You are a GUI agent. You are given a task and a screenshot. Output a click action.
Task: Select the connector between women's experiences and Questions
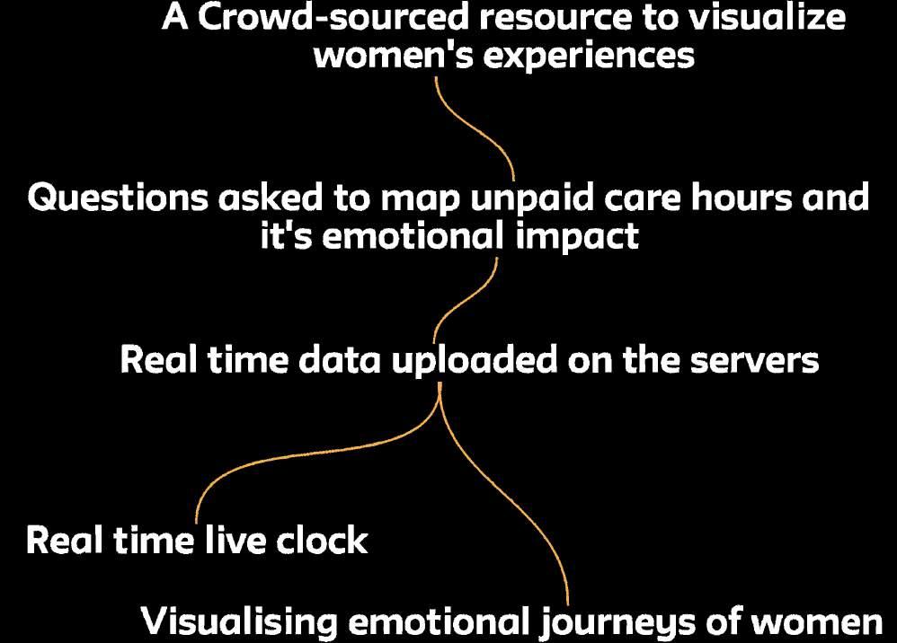[x=476, y=126]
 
